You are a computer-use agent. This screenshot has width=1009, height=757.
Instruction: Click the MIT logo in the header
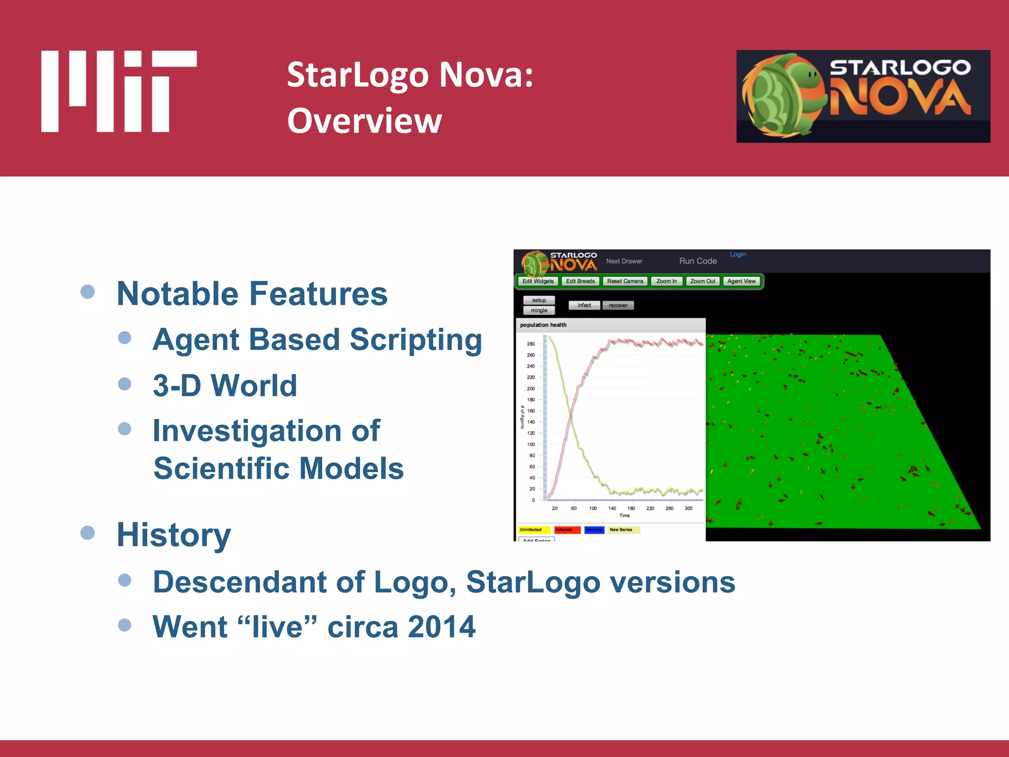click(119, 91)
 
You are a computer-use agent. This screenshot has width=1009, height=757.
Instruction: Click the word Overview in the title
click(365, 121)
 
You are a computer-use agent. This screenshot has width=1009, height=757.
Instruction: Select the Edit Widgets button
click(538, 281)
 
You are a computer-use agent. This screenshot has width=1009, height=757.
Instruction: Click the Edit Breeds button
click(580, 281)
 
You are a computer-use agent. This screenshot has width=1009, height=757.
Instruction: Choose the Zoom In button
click(666, 281)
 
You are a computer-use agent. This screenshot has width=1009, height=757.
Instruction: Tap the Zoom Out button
click(702, 281)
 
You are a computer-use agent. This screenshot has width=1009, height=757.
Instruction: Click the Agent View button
click(741, 281)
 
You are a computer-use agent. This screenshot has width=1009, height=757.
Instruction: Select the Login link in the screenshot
click(738, 254)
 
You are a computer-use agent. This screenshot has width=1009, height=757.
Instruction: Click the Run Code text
click(698, 261)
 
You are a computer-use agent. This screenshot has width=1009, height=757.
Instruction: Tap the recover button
click(618, 306)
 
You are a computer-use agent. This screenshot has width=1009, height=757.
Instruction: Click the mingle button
click(539, 310)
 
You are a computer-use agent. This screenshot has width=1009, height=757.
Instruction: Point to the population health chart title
click(543, 325)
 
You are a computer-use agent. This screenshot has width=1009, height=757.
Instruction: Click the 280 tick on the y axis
click(531, 344)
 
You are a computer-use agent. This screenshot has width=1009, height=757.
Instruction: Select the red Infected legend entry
click(567, 530)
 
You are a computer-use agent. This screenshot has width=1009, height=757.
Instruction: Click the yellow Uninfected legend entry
click(534, 530)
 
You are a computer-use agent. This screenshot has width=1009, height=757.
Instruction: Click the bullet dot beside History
click(88, 533)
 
